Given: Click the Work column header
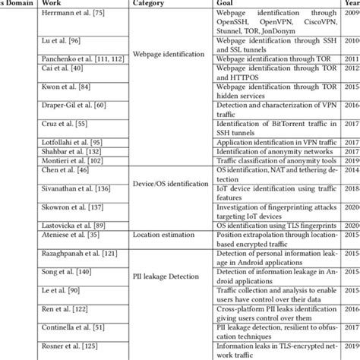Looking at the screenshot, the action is click(52, 5).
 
